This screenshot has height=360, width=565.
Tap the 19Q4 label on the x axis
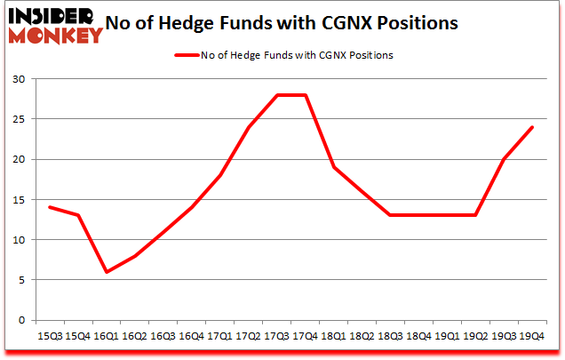point(531,336)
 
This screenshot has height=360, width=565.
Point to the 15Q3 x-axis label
point(50,336)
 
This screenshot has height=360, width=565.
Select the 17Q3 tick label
point(276,336)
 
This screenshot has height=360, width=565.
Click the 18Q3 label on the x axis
point(390,336)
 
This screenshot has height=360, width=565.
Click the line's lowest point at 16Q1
point(107,272)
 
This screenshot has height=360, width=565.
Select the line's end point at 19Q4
point(531,127)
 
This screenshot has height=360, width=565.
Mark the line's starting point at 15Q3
point(50,207)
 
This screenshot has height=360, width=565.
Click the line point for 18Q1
point(333,167)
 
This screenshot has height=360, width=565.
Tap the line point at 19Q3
point(503,159)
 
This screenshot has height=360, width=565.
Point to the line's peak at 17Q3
point(276,95)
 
